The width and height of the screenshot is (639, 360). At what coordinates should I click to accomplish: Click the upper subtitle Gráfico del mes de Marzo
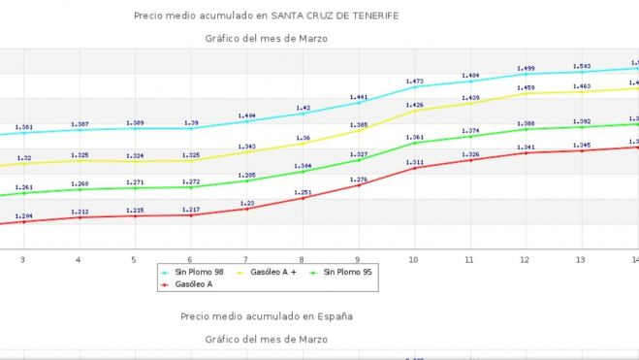pyautogui.click(x=266, y=39)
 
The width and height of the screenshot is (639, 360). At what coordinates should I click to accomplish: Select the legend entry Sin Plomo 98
pyautogui.click(x=198, y=273)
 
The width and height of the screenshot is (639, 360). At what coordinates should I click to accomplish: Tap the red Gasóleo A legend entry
pyautogui.click(x=193, y=284)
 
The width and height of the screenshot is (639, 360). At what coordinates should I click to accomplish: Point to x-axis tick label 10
pyautogui.click(x=413, y=260)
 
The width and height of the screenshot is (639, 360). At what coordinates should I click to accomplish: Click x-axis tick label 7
pyautogui.click(x=245, y=260)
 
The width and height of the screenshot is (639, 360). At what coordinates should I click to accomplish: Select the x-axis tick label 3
pyautogui.click(x=22, y=260)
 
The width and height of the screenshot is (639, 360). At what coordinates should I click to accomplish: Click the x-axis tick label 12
pyautogui.click(x=525, y=260)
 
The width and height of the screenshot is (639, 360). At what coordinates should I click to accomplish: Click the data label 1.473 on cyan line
pyautogui.click(x=415, y=82)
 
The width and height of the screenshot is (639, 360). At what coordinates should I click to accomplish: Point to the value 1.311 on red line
pyautogui.click(x=415, y=162)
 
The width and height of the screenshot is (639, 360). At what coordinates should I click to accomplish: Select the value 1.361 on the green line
pyautogui.click(x=415, y=137)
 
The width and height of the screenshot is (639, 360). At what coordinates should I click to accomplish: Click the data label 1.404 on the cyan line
pyautogui.click(x=246, y=115)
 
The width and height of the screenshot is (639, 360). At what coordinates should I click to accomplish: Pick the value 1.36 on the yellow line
pyautogui.click(x=303, y=138)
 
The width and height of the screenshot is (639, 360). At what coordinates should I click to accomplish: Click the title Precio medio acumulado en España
pyautogui.click(x=265, y=316)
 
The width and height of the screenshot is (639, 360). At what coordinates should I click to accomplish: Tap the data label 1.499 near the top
pyautogui.click(x=526, y=69)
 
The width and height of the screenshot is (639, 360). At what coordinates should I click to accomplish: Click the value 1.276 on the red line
pyautogui.click(x=359, y=180)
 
